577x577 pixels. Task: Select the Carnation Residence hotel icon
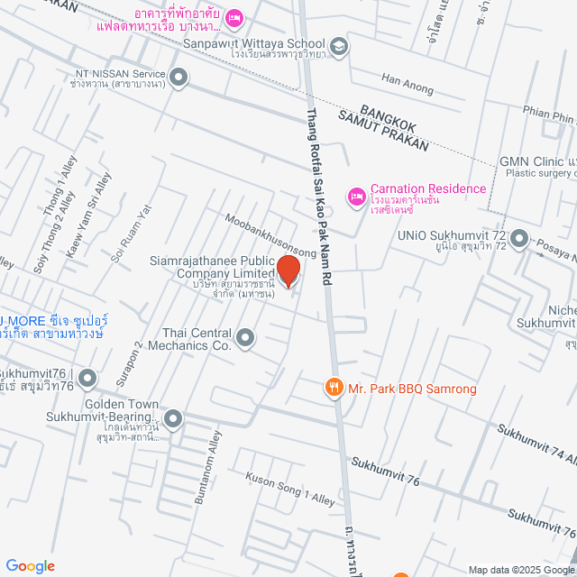coord(356,195)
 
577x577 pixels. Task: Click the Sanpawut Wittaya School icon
coord(338,46)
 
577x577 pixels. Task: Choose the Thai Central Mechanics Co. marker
coord(245,338)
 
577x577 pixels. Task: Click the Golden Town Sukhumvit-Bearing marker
coord(173,418)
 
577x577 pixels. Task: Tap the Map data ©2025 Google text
coord(520,569)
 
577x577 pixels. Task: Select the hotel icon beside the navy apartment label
coord(234,16)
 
